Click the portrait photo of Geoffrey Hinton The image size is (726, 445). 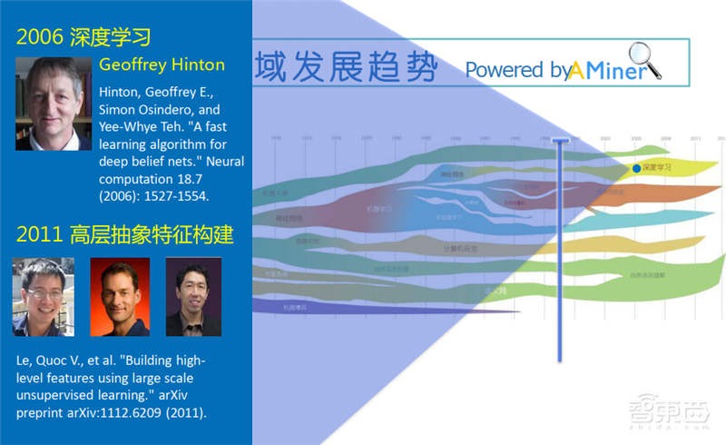coord(54,104)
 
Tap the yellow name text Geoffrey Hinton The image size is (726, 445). coord(162,65)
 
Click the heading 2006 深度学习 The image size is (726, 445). coord(83,37)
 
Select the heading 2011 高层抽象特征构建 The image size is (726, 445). coord(125,236)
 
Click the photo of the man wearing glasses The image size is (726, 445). coord(44,297)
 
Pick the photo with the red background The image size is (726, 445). coord(120,297)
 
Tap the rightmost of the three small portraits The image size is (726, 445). coord(192,297)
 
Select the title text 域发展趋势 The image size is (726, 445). coord(346,67)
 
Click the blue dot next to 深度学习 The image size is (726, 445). coord(635,168)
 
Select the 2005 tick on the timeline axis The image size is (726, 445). coord(635,138)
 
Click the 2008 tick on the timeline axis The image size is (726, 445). coord(665,138)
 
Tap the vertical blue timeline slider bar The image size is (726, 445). coord(560,245)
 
